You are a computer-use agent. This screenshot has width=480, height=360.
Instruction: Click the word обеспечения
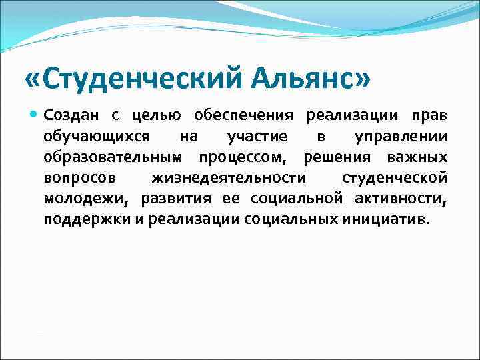coord(244,117)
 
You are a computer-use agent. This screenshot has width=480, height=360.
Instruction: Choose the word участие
coord(256,137)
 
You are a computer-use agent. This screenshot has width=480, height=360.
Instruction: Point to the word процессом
coord(243,159)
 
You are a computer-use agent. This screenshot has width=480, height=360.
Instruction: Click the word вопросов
coord(79,179)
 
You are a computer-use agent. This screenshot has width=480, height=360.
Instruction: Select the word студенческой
coord(394,179)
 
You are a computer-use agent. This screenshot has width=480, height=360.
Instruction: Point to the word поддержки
coord(81,220)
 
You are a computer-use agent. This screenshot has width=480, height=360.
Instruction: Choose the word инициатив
coord(385,219)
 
